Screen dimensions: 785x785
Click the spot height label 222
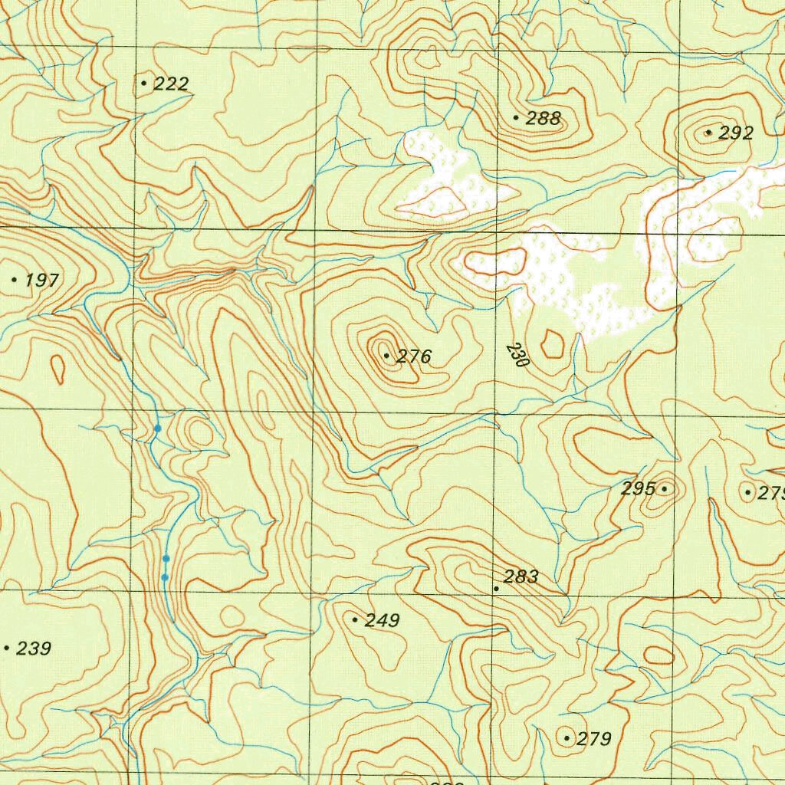(x=171, y=84)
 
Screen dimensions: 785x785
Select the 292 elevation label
(x=736, y=133)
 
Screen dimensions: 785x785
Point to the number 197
(x=41, y=281)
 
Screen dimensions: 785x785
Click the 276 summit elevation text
(x=414, y=356)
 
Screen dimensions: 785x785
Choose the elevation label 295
(x=638, y=489)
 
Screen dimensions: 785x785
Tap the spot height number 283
(x=521, y=577)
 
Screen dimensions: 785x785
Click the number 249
(x=382, y=620)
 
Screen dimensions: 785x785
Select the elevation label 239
(x=34, y=649)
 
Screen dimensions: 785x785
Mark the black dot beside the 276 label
(x=386, y=356)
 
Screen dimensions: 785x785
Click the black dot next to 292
(x=708, y=133)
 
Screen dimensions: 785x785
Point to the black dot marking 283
(x=497, y=588)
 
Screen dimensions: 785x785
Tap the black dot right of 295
(x=664, y=488)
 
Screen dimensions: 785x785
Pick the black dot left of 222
(x=143, y=82)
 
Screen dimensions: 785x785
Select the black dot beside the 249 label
(x=354, y=619)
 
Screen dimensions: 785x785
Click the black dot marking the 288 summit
(x=516, y=118)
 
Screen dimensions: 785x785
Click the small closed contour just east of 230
(x=552, y=344)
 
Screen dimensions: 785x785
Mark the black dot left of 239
(x=7, y=649)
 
